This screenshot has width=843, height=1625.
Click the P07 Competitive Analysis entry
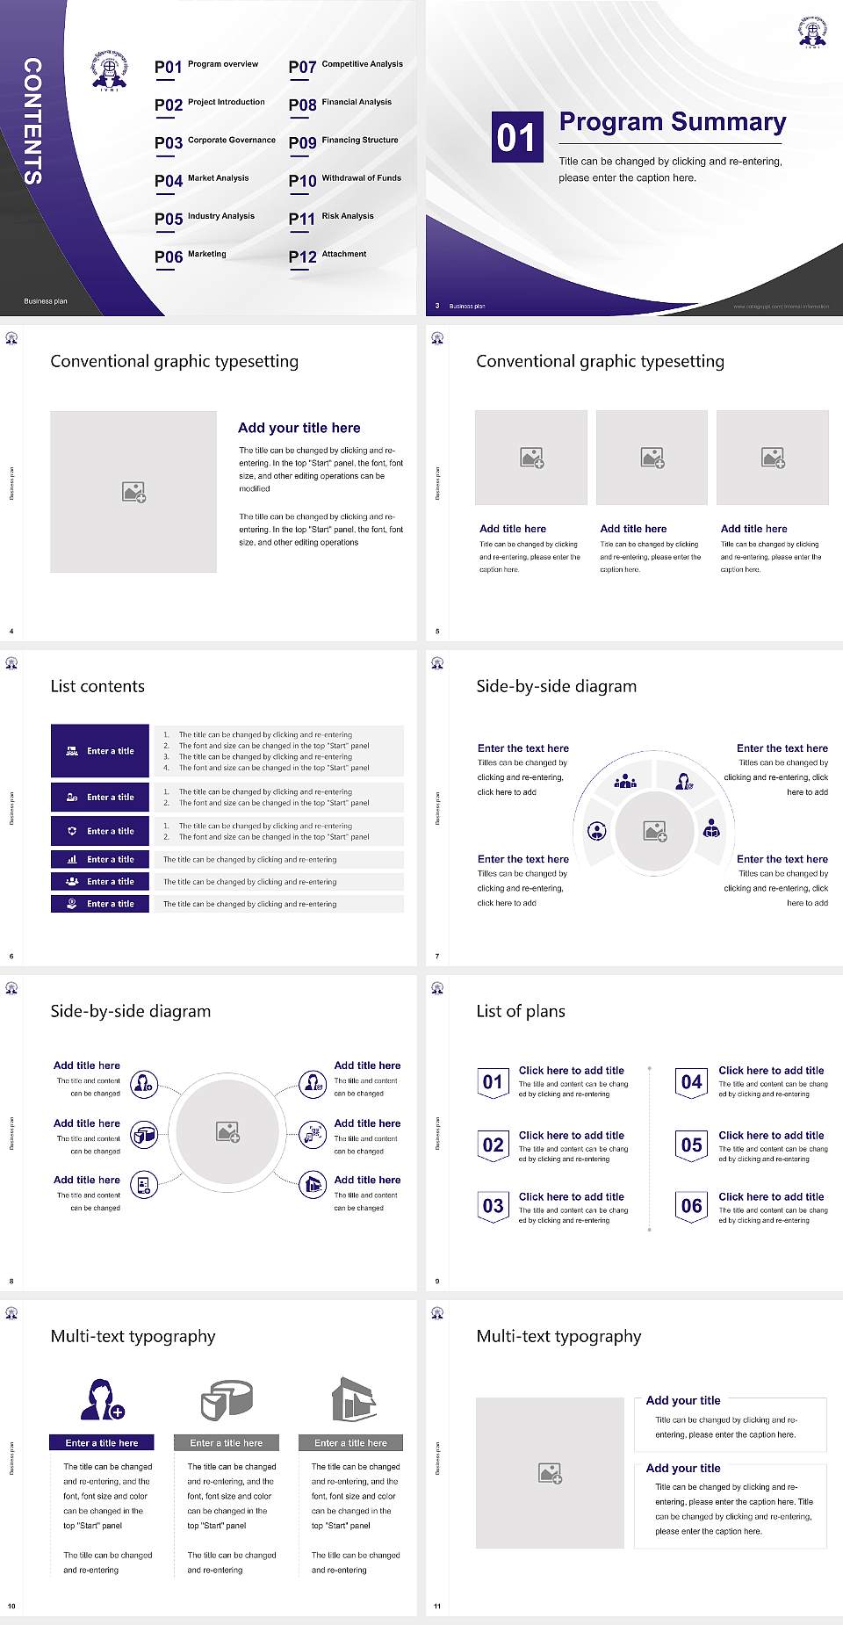click(x=346, y=66)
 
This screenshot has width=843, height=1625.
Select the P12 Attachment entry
click(x=328, y=256)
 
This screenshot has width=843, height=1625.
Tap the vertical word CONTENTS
click(x=32, y=121)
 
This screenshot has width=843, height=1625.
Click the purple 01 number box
click(x=516, y=137)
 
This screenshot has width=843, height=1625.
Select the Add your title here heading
click(x=299, y=428)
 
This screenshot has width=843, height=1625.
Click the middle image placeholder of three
click(x=652, y=458)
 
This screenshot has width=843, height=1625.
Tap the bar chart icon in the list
click(x=72, y=859)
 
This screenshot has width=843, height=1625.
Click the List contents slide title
click(x=97, y=686)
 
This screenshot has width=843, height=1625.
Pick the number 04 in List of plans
click(x=692, y=1082)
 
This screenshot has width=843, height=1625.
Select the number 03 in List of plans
click(x=493, y=1206)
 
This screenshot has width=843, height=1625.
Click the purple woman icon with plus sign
click(x=102, y=1399)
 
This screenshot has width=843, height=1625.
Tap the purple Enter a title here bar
click(x=102, y=1442)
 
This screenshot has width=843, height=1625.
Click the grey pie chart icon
click(x=227, y=1399)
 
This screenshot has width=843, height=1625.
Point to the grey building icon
click(x=353, y=1399)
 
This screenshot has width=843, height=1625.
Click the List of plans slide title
click(x=521, y=1011)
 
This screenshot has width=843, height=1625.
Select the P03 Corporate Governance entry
click(x=215, y=142)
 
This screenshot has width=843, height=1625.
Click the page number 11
click(x=437, y=1607)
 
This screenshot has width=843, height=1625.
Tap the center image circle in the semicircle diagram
click(x=654, y=831)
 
